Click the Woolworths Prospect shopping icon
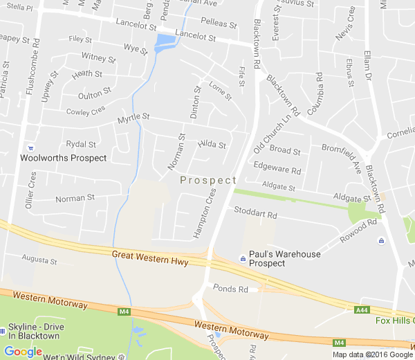(x=30, y=147)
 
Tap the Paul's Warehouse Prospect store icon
(x=243, y=259)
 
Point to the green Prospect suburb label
(x=208, y=180)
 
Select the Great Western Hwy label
(x=150, y=258)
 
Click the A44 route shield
(x=362, y=309)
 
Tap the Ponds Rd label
(x=230, y=287)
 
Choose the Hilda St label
(x=212, y=145)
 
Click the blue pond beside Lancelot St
(x=165, y=44)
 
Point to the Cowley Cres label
(x=85, y=111)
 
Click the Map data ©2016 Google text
(x=372, y=354)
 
